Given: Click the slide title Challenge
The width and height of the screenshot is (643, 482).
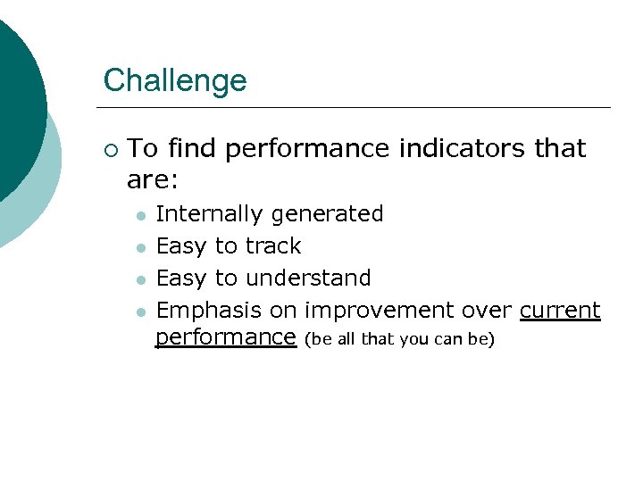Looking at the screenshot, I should coord(175,80).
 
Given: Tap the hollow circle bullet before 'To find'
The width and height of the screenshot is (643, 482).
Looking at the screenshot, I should coord(110,148).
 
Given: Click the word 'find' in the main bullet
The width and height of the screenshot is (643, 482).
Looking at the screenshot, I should coord(192,148).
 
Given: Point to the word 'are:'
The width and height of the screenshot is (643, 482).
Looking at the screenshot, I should coord(153,180).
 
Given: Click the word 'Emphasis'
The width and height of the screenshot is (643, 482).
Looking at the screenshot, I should coord(209,311).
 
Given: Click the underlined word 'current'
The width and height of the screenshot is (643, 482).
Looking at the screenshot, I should coord(560,311).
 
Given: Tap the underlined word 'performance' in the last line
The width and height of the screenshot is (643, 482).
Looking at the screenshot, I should coord(225,337).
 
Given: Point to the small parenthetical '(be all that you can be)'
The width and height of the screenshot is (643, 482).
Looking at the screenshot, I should coord(398,339).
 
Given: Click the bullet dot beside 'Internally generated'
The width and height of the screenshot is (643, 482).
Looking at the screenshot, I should coord(139,216).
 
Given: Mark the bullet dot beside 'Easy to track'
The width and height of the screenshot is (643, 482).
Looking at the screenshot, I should coord(139,247).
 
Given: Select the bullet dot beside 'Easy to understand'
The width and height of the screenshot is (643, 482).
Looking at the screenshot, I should coord(139,279).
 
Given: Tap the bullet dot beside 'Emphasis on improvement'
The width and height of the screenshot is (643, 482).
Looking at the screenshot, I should coord(139,312).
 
